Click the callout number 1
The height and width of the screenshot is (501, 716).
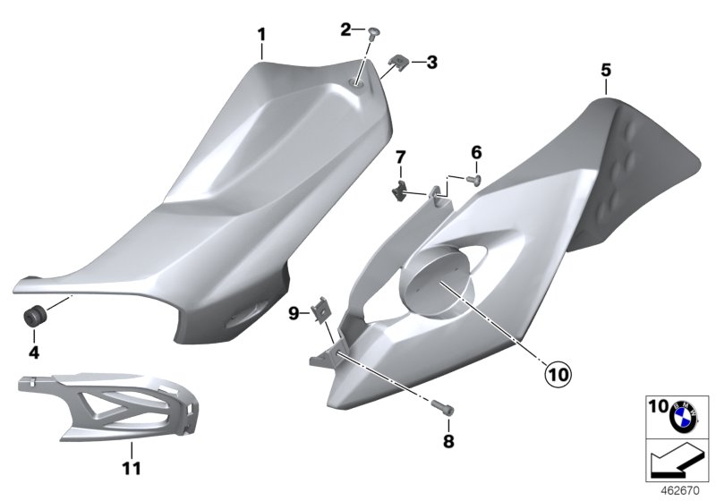[261, 35]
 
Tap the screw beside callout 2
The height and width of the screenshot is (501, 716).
[374, 33]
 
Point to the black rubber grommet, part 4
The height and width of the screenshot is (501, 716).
[34, 317]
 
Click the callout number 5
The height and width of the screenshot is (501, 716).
[606, 71]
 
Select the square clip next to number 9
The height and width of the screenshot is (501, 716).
[321, 309]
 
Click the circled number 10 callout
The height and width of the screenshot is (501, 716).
[558, 375]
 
